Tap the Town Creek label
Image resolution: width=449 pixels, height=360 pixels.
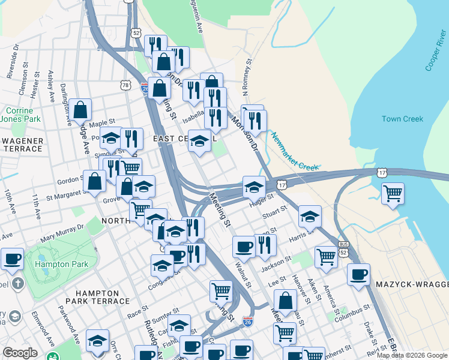402,119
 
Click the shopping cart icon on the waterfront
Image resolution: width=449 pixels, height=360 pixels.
392,193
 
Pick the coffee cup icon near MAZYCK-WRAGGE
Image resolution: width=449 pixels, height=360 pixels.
358,274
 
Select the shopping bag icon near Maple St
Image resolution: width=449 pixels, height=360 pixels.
80,110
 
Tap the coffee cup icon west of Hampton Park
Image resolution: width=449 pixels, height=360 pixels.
12,259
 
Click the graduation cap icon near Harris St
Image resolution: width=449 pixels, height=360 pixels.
310,217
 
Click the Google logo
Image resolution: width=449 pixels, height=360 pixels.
20,353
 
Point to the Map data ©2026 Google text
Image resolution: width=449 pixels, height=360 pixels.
412,355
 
